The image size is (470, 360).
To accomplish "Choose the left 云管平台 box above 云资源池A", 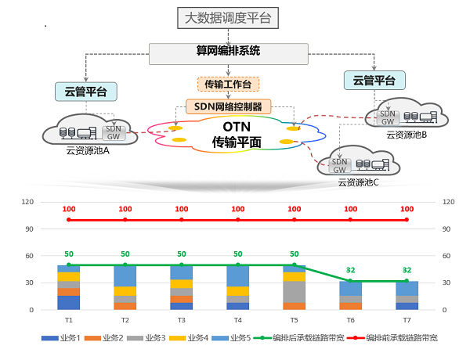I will (86, 91).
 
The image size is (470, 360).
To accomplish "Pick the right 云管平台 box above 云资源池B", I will (374, 80).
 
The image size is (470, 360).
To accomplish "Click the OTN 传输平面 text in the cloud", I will (236, 135).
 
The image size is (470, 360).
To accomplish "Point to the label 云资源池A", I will (88, 150).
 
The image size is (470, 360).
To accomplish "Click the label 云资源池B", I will (406, 135).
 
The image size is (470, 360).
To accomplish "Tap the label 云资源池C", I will (358, 182).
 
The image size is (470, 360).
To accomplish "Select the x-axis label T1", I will (68, 320).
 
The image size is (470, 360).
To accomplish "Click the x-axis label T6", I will (350, 320).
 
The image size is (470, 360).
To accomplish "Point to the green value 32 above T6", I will (350, 270).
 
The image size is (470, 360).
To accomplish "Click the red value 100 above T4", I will (237, 209).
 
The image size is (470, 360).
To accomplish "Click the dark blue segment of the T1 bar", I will (68, 302).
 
